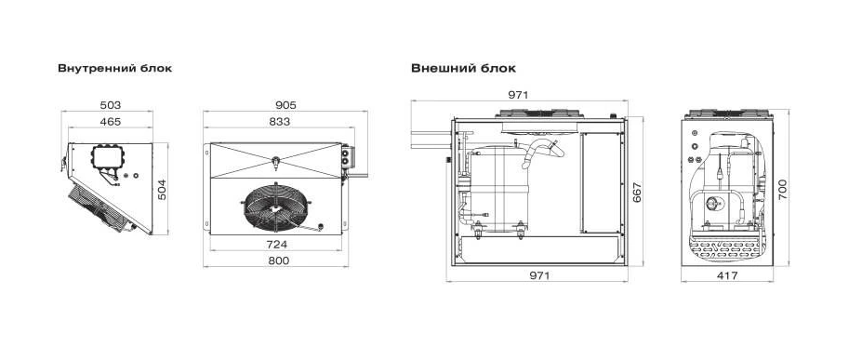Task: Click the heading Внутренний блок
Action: tap(115, 69)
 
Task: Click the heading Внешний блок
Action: tap(463, 69)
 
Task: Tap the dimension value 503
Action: tap(111, 105)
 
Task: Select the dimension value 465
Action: tap(111, 122)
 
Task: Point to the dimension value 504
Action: tap(162, 189)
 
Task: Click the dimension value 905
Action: tap(285, 105)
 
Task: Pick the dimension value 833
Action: tap(279, 122)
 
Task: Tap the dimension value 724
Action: tap(276, 244)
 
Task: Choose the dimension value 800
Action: tap(279, 260)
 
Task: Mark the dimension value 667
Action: tap(637, 192)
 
